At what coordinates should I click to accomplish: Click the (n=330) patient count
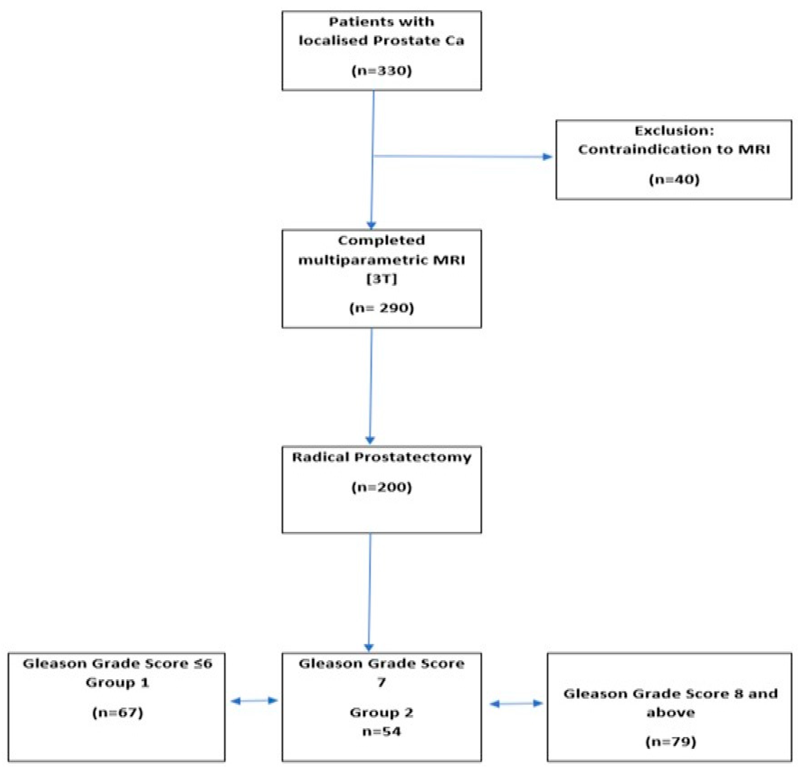tap(382, 71)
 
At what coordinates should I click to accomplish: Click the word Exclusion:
tap(674, 131)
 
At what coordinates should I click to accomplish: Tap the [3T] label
tap(382, 279)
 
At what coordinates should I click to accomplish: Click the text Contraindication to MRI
tap(674, 150)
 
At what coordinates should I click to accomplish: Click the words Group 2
tap(382, 713)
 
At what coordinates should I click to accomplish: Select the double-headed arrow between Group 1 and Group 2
tap(254, 701)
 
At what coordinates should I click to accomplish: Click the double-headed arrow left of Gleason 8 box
tap(516, 703)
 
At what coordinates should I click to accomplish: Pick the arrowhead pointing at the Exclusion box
tap(547, 157)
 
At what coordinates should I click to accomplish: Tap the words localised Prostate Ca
tap(382, 41)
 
